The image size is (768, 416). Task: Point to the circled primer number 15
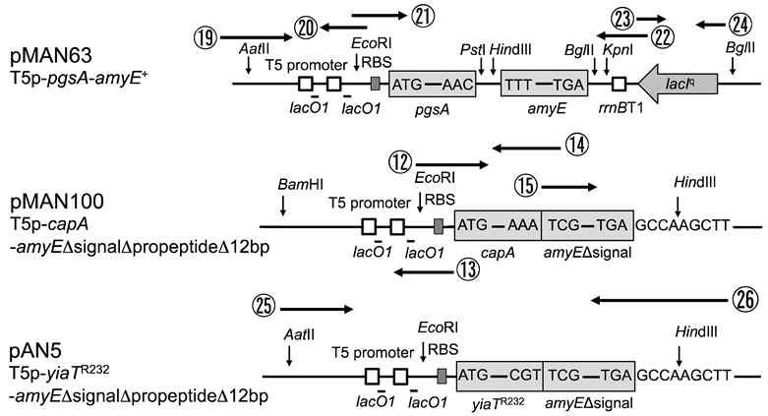pyautogui.click(x=527, y=185)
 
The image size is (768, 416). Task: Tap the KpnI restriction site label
pyautogui.click(x=620, y=47)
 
